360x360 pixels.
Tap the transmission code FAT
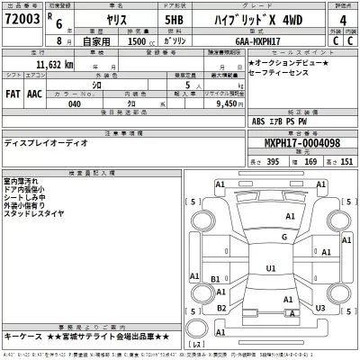pyautogui.click(x=15, y=92)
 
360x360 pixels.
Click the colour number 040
pyautogui.click(x=76, y=103)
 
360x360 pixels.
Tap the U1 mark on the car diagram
pyautogui.click(x=271, y=267)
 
